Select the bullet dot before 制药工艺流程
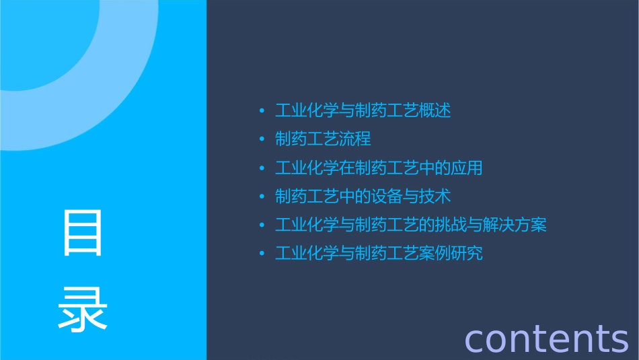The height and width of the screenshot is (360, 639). coord(262,139)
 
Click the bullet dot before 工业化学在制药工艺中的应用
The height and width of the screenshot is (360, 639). coord(262,168)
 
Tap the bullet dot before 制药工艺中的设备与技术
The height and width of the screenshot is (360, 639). coord(262,196)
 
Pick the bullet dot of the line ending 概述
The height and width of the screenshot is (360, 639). coord(262,110)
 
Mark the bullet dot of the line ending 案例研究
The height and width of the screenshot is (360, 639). coord(262,254)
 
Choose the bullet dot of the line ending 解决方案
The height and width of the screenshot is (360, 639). coord(262,225)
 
